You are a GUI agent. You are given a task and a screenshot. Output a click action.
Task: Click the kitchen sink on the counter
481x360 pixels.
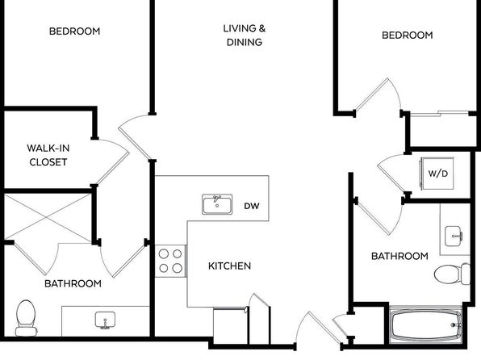217,204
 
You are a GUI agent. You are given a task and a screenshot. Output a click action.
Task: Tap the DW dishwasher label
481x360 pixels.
252,206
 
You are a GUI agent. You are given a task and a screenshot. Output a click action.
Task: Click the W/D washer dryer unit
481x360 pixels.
437,174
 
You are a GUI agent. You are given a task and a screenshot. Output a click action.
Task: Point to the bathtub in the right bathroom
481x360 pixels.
425,325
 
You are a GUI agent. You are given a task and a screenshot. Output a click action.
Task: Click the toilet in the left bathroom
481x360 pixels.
26,318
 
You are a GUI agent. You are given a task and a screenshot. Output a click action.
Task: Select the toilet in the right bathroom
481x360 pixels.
452,274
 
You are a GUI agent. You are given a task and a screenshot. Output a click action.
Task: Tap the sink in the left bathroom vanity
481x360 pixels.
105,320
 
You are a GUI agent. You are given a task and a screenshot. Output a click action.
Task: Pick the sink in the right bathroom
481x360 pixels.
453,236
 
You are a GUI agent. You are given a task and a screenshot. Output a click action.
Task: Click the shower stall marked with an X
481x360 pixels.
48,216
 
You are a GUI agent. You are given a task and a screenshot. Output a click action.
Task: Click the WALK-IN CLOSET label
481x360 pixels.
48,155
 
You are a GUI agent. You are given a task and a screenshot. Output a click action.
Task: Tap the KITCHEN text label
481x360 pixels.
229,266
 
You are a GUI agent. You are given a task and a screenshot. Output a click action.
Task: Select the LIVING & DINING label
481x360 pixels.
245,36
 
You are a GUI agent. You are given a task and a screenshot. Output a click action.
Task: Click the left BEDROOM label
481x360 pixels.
74,31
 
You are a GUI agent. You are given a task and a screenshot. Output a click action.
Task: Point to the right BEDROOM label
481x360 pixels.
408,36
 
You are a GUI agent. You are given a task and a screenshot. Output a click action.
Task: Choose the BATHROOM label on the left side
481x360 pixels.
73,283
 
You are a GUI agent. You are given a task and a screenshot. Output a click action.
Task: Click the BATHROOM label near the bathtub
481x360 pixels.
399,256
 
